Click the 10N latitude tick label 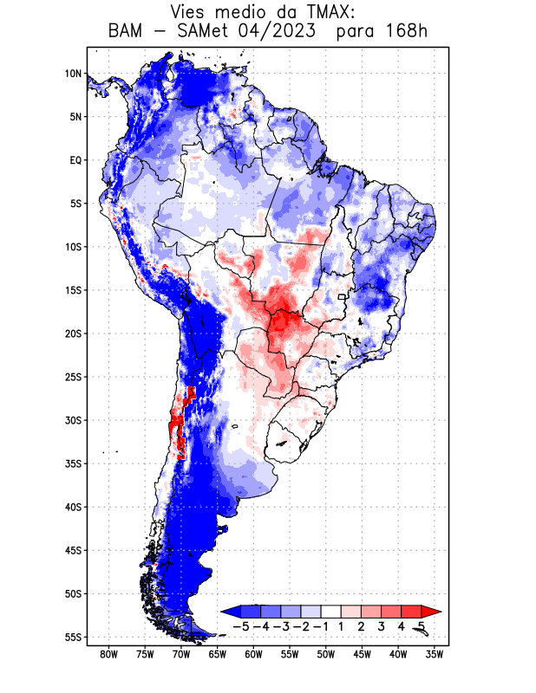tap(74, 74)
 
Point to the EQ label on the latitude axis tap(75, 160)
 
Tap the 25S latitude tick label tap(74, 377)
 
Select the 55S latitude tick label tap(74, 637)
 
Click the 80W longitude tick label tap(109, 655)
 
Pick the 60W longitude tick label tap(254, 655)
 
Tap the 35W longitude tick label tap(435, 655)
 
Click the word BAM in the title tap(126, 32)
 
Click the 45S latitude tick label tap(74, 550)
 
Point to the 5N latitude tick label tap(75, 117)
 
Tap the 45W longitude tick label tap(363, 655)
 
